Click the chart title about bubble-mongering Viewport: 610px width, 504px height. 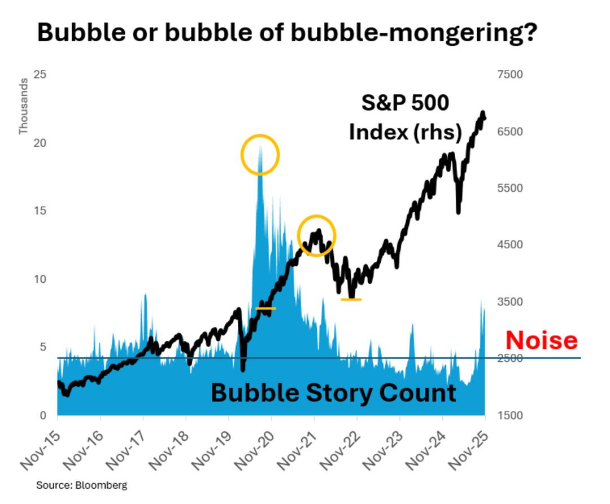286,33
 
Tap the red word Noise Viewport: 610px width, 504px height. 541,340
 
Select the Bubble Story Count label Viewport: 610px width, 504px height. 333,392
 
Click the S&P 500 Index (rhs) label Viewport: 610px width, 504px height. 405,117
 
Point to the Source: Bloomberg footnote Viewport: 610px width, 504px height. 82,485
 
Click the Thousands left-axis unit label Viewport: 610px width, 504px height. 23,107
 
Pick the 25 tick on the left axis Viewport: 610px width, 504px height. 40,74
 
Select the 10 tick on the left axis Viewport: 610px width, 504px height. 40,279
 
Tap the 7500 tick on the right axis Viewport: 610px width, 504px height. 510,74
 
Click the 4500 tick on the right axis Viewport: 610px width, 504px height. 510,245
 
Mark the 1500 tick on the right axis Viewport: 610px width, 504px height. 510,415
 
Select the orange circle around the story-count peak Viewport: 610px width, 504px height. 260,154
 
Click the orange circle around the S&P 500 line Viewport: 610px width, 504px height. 317,235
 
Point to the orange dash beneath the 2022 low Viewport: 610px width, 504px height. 351,299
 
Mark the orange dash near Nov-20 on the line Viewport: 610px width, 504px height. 265,308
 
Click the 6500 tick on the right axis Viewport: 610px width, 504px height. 510,132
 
